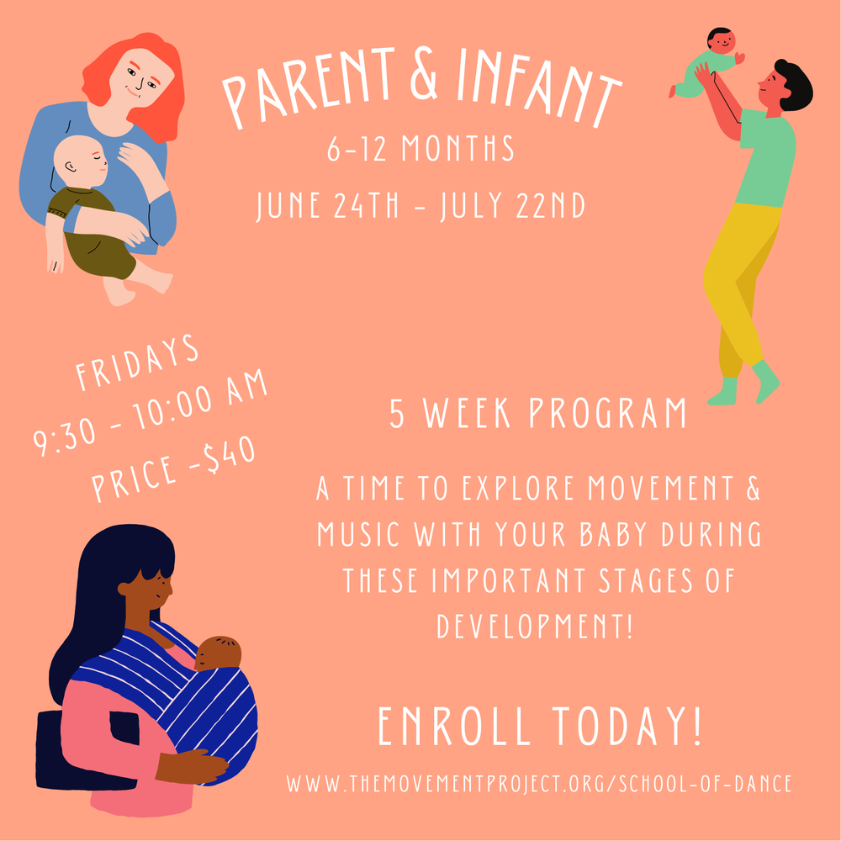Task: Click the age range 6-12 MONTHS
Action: pyautogui.click(x=420, y=150)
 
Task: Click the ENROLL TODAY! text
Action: pyautogui.click(x=538, y=728)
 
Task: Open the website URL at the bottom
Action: pyautogui.click(x=538, y=784)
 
